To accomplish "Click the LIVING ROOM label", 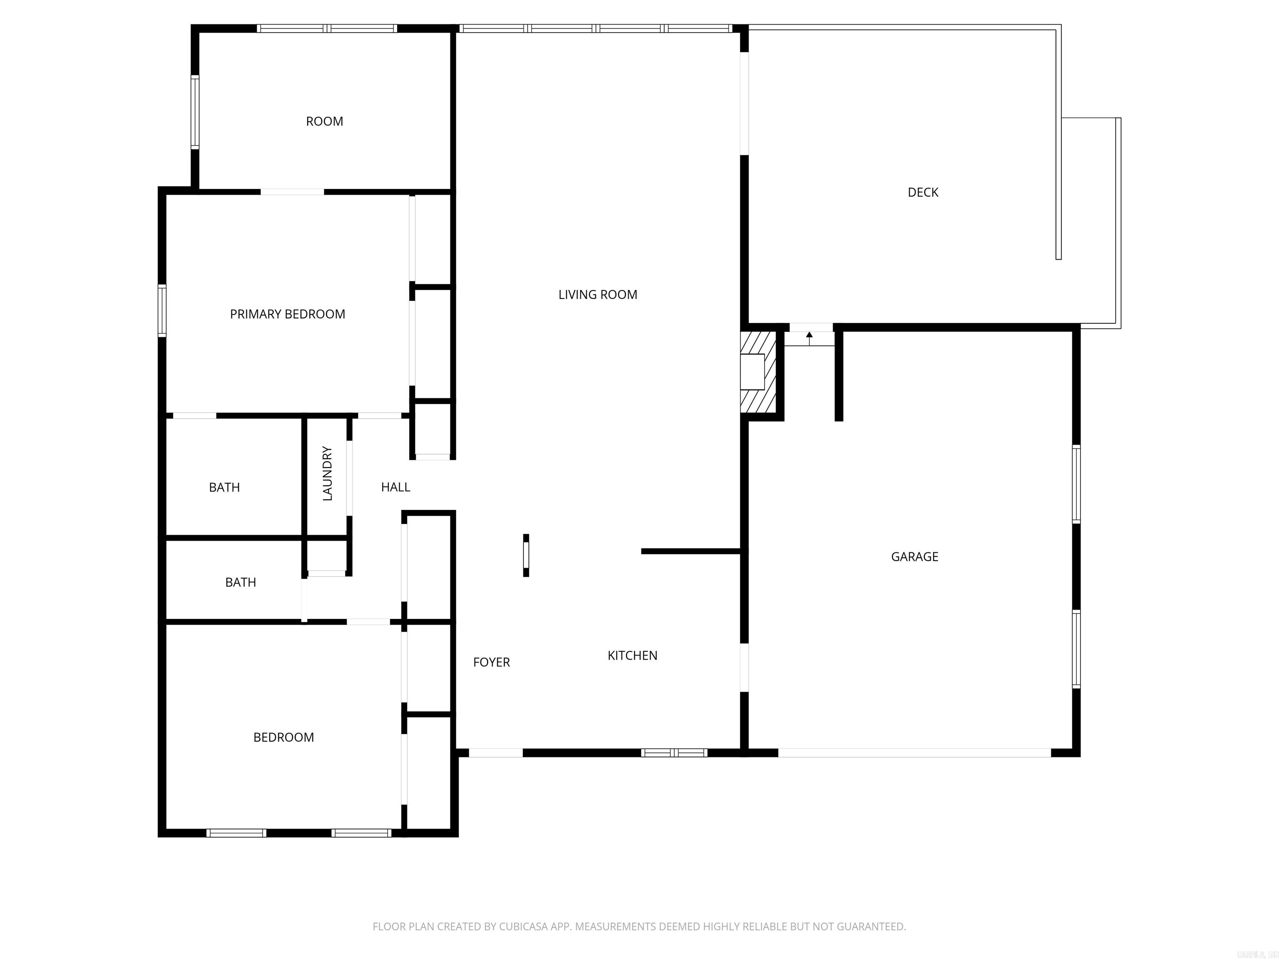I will point(597,295).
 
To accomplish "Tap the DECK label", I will point(923,192).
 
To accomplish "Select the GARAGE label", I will point(914,557).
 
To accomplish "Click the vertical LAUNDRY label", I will point(327,473).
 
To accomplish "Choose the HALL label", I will point(396,487).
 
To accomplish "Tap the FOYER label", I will point(491,663).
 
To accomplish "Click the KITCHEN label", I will point(632,656).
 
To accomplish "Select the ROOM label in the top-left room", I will point(324,122).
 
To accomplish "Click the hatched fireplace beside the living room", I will point(759,372).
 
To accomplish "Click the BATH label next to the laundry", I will point(224,487).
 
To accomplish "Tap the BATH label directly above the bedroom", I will point(241,582).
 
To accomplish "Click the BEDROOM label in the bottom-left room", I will point(284,738).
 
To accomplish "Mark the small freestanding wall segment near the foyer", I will point(525,555).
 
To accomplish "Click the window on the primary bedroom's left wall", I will point(162,311).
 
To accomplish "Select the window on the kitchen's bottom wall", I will point(674,753).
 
